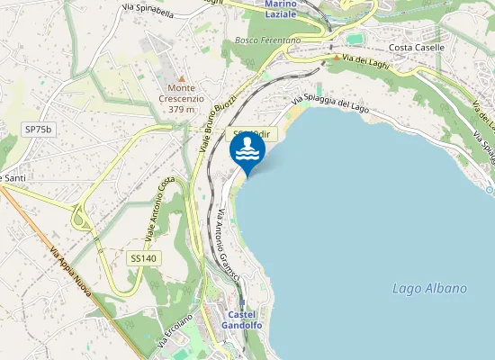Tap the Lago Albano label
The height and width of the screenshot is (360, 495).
tap(430, 289)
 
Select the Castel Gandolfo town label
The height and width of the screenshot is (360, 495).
tap(241, 319)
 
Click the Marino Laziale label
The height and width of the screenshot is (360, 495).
tap(287, 10)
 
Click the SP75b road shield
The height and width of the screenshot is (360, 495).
tap(40, 130)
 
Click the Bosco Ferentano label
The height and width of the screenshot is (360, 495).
tap(267, 41)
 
